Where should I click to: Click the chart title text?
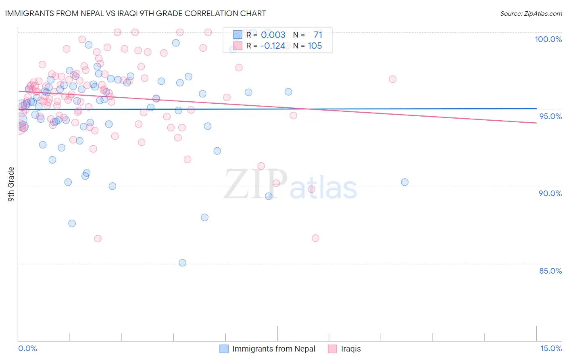[x=135, y=13]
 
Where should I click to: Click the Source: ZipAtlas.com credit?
[x=531, y=13]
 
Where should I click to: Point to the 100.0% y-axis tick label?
[x=548, y=39]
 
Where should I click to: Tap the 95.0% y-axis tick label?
[x=550, y=116]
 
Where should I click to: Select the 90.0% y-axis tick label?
[x=550, y=193]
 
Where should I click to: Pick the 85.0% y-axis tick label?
[x=550, y=271]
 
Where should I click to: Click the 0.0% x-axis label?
[x=27, y=348]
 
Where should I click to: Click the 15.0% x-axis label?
[x=551, y=348]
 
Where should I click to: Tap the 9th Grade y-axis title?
[x=11, y=184]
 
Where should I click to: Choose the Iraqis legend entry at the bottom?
[x=350, y=349]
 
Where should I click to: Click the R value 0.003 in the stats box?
[x=273, y=35]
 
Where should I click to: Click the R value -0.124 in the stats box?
[x=273, y=46]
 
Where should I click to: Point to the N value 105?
[x=315, y=46]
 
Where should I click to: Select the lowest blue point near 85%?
[x=182, y=263]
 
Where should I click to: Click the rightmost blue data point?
[x=404, y=182]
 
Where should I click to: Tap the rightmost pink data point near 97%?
[x=392, y=79]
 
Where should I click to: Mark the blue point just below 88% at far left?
[x=72, y=223]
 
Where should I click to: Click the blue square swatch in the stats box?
[x=238, y=35]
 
